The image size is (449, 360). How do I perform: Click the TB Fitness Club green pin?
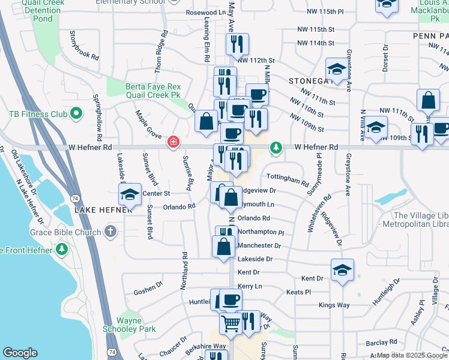76,113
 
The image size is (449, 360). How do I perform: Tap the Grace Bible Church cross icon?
110,231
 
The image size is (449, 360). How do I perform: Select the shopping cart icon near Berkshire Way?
231,325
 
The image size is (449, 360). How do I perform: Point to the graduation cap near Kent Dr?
342,270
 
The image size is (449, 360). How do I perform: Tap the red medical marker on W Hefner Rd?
173,142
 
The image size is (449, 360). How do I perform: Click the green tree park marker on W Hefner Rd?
276,147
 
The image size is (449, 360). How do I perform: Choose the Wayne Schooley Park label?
128,325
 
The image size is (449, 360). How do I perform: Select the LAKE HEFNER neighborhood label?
103,210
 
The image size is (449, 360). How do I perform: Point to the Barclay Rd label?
384,342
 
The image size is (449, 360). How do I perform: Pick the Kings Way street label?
334,305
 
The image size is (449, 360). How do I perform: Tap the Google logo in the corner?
20,353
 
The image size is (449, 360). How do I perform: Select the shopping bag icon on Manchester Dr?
224,247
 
